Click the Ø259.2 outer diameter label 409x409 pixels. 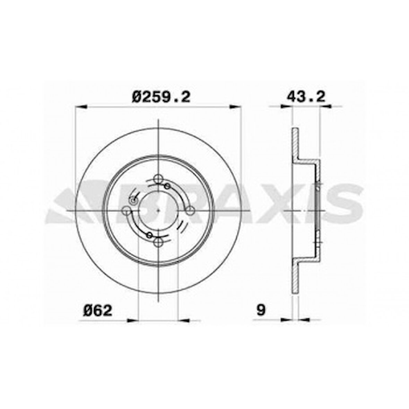[161, 97]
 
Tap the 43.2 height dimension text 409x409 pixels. [306, 97]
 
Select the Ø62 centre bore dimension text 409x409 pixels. [98, 310]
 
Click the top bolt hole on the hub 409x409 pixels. [158, 179]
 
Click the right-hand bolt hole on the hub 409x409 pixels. [190, 210]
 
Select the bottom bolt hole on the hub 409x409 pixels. [158, 242]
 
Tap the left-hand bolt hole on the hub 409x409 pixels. [127, 210]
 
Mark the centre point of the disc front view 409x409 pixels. [158, 210]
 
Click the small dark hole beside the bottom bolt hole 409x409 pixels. [149, 235]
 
